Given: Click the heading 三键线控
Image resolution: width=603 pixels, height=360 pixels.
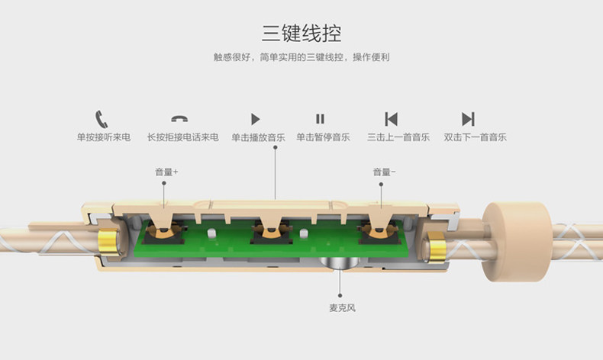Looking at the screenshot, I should [301, 33].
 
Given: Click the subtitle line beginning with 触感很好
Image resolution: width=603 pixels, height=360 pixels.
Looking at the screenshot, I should [301, 58].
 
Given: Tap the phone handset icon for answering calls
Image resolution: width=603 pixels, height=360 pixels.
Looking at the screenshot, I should [102, 119].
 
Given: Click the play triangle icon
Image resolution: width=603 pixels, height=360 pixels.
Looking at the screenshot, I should [256, 119].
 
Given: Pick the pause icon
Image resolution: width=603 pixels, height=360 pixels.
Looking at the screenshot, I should [321, 119].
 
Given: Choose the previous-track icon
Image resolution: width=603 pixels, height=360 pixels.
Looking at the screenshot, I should [392, 119].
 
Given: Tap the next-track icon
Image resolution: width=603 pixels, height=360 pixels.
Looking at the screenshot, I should [468, 119].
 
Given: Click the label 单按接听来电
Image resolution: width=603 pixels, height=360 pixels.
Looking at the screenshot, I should [103, 138].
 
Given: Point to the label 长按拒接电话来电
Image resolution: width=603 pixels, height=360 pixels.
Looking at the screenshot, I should [182, 138].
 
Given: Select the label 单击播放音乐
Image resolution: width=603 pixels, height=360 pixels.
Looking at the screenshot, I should [258, 138].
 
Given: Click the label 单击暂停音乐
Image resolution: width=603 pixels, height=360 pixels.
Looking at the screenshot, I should [323, 138].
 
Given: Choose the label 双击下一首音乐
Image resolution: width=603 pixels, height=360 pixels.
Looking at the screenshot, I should [475, 138].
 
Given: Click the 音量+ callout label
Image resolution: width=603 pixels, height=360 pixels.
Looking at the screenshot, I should [166, 172].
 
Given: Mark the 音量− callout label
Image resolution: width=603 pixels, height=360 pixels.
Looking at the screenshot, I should [384, 172].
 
